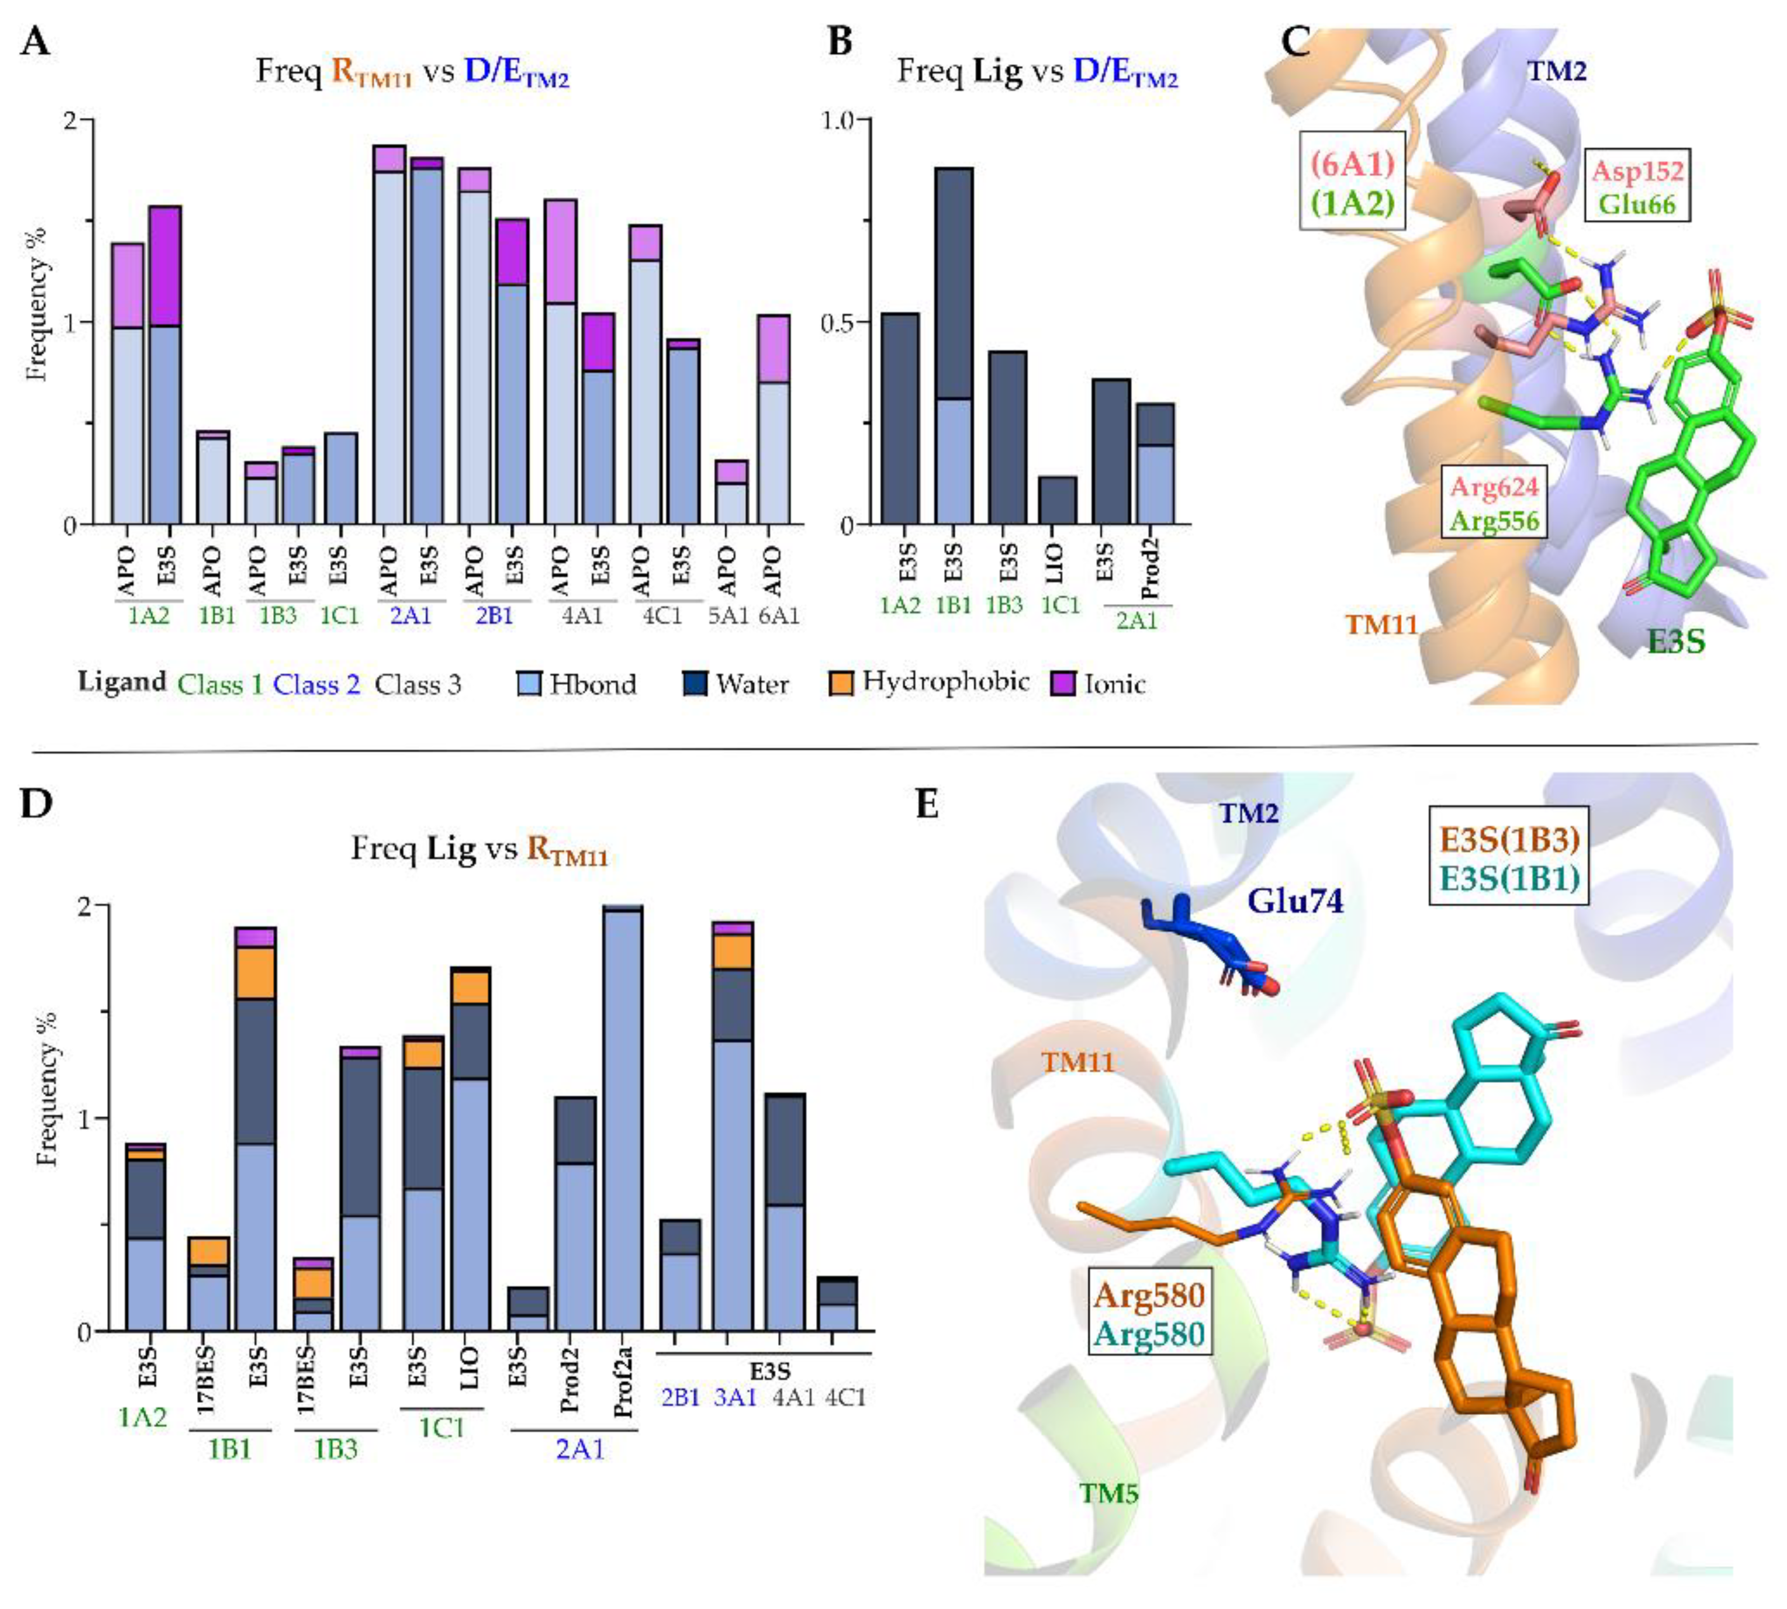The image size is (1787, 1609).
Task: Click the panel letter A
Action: click(x=35, y=42)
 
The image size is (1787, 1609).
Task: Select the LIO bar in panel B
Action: click(x=1058, y=500)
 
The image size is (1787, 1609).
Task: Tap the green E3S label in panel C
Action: click(x=1675, y=640)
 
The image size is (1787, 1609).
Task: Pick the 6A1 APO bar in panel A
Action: click(x=773, y=420)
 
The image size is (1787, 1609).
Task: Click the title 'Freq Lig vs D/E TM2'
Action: click(x=1037, y=72)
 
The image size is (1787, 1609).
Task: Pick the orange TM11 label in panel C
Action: click(x=1381, y=625)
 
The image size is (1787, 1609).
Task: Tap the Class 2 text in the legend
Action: click(x=316, y=684)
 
